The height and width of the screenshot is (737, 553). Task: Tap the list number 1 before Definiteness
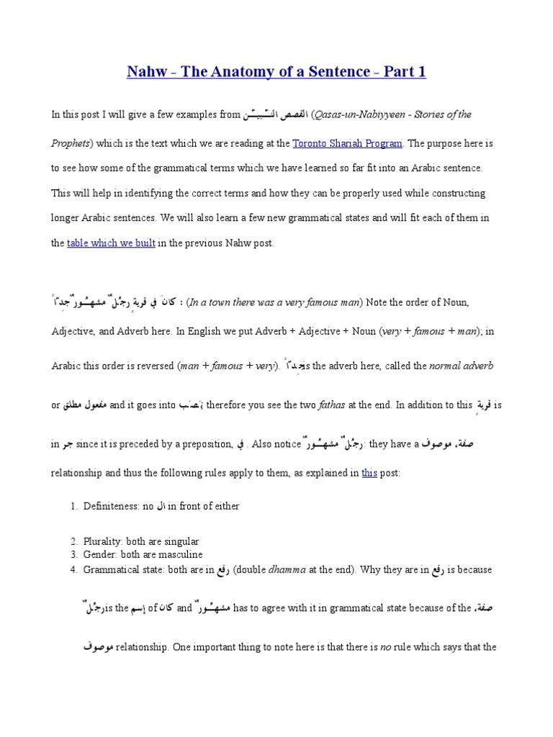[x=73, y=506]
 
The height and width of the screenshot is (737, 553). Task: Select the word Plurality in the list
[x=107, y=541]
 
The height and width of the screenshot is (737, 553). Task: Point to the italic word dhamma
[x=287, y=569]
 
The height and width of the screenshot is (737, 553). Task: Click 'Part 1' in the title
[x=400, y=71]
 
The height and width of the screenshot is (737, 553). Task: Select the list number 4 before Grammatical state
[x=73, y=569]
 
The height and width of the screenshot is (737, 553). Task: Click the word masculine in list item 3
[x=180, y=555]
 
